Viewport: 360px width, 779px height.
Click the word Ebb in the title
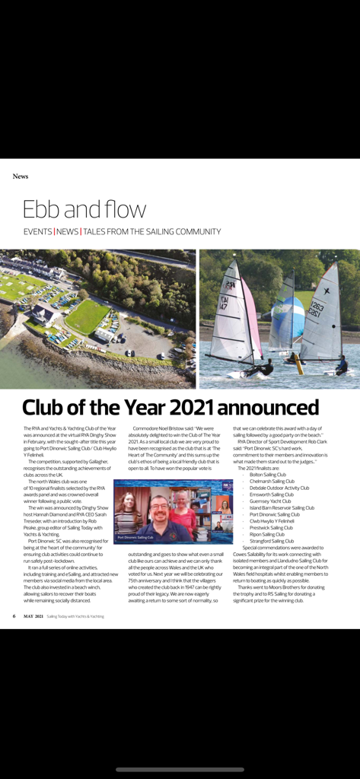coord(44,209)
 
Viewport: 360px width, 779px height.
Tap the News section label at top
coord(21,176)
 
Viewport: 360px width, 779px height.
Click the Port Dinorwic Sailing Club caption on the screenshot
coord(135,537)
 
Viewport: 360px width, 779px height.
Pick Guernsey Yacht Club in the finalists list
coord(271,501)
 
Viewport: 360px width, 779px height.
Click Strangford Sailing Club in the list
coord(272,541)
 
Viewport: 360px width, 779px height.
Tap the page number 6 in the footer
coord(14,616)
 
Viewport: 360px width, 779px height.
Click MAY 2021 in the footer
coord(33,616)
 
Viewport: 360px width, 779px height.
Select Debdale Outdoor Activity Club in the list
coord(279,488)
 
